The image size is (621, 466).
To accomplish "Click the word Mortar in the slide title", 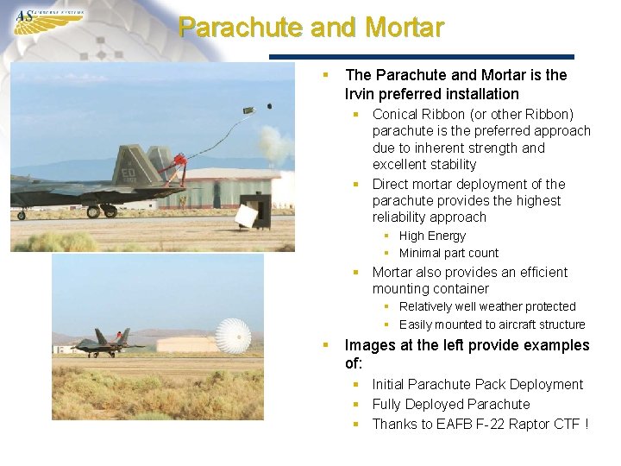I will pos(405,27).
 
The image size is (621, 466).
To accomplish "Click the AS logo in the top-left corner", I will pos(47,19).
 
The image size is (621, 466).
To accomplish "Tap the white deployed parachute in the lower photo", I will pos(232,337).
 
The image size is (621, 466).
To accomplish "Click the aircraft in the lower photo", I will pos(108,343).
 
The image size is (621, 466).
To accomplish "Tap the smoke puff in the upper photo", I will pos(275,143).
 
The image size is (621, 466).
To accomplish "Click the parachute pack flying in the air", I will pos(248,110).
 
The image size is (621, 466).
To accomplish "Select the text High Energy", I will pos(432,236).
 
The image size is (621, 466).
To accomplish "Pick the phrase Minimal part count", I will pos(448,253).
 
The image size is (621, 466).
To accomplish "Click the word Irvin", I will pos(364,94).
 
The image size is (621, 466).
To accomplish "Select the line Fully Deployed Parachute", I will pos(450,404).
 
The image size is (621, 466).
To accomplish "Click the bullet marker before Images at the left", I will pos(326,344).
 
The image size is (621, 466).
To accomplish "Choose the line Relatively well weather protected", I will pos(487,306).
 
